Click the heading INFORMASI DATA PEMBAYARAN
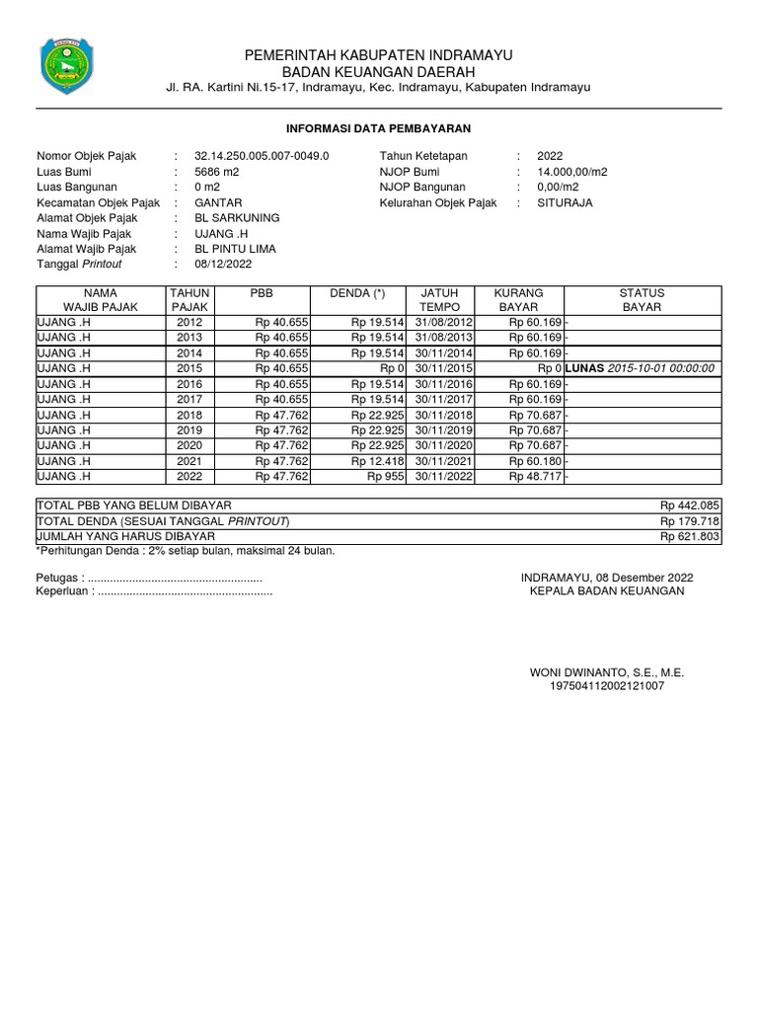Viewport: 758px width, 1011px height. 379,129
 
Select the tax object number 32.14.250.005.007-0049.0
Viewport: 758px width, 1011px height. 262,156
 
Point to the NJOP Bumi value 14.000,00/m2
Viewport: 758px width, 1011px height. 572,172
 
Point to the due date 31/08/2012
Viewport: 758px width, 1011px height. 445,322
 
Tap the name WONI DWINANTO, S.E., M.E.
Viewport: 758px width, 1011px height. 607,672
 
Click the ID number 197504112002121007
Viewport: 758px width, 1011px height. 607,685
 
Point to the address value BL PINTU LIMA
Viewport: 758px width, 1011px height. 236,249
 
